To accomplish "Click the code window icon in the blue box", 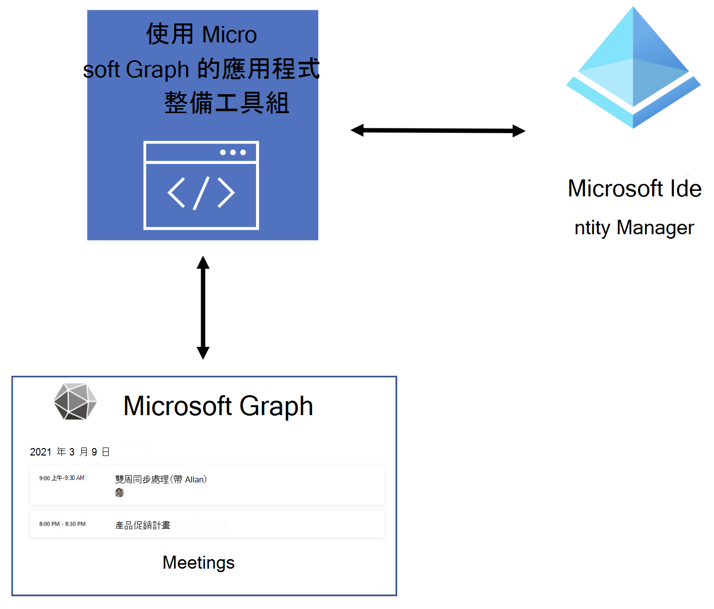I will (x=201, y=185).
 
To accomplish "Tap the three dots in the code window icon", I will (x=233, y=152).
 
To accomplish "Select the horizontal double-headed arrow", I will (x=438, y=131).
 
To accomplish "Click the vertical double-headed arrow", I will (x=203, y=307).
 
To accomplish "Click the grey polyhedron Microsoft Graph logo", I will (x=75, y=402).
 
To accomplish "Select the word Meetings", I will (x=199, y=563).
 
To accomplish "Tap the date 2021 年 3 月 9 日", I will (x=70, y=452).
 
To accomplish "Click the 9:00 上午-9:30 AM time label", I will (x=62, y=478).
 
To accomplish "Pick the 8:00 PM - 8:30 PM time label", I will (x=62, y=524).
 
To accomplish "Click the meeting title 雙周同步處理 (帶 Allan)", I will (x=161, y=479).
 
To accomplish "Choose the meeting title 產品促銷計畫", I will (x=143, y=525).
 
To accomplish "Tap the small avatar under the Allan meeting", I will (x=119, y=492).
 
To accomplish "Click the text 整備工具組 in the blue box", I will (x=227, y=103).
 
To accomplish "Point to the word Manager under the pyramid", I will (x=655, y=228).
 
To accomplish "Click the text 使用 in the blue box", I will (x=170, y=34).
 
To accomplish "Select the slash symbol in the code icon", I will (x=201, y=193).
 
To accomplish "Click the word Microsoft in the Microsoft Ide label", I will (x=615, y=189).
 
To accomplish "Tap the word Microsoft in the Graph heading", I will (x=178, y=406).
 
